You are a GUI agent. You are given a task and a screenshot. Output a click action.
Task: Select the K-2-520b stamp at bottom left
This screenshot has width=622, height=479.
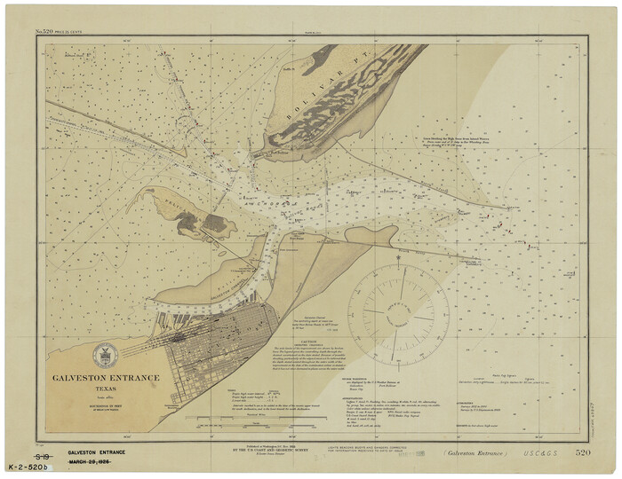[x=28, y=466]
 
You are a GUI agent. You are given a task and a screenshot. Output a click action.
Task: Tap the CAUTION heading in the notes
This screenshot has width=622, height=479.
[x=308, y=342]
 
